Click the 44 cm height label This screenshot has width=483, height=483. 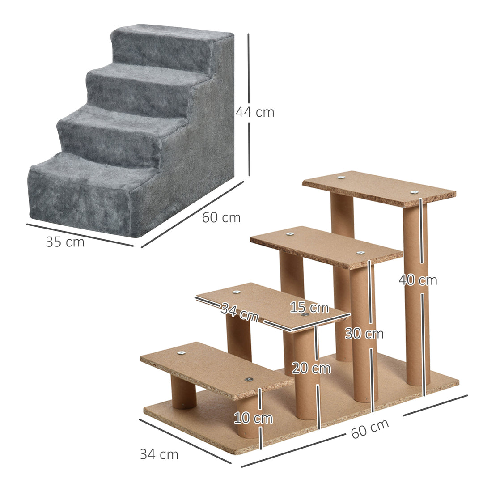pos(255,112)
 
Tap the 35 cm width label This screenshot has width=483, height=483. pos(65,242)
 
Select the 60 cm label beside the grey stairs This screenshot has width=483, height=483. pos(221,218)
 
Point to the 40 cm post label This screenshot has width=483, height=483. pos(418,280)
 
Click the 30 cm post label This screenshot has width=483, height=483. pos(364,334)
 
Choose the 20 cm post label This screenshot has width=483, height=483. pos(311,369)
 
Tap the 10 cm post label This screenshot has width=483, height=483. pos(253,419)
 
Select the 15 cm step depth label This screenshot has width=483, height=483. pos(309,308)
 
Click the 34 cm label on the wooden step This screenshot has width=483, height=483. pos(240,312)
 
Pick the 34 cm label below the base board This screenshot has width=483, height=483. pos(159,454)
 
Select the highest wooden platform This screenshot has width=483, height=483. pos(378,188)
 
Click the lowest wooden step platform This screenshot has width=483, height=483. pos(215,369)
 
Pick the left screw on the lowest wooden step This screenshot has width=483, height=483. pos(181,353)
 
